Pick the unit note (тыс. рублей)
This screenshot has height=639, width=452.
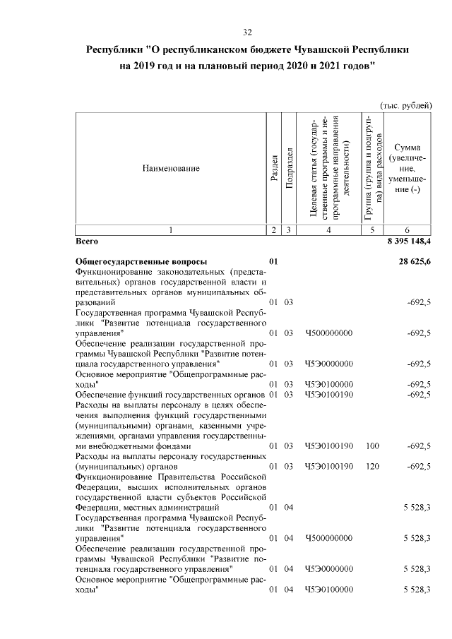pyautogui.click(x=405, y=105)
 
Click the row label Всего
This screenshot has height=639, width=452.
pyautogui.click(x=86, y=241)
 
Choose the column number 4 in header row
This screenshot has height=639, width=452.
pyautogui.click(x=328, y=230)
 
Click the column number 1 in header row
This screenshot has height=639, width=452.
pyautogui.click(x=170, y=230)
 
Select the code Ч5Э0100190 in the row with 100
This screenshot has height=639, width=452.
pyautogui.click(x=328, y=446)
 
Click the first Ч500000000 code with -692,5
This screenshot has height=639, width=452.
pyautogui.click(x=328, y=333)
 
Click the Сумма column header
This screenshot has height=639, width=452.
pyautogui.click(x=408, y=148)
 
